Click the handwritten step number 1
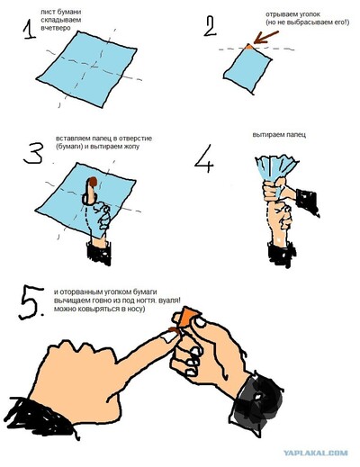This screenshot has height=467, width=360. pyautogui.click(x=29, y=30)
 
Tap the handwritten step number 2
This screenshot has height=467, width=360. pyautogui.click(x=210, y=26)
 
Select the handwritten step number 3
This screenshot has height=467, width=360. pyautogui.click(x=33, y=154)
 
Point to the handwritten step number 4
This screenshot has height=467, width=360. pyautogui.click(x=204, y=158)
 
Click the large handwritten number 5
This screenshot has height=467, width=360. pyautogui.click(x=31, y=302)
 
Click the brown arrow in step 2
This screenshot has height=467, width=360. pyautogui.click(x=266, y=37)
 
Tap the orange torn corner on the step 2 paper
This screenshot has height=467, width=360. pyautogui.click(x=248, y=47)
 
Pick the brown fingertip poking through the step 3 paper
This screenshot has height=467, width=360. pyautogui.click(x=93, y=182)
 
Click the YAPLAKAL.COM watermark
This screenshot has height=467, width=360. pyautogui.click(x=316, y=453)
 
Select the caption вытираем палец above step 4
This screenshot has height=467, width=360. pyautogui.click(x=279, y=135)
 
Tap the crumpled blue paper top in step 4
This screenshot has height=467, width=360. pyautogui.click(x=276, y=168)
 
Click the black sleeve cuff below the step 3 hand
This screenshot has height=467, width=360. pyautogui.click(x=99, y=254)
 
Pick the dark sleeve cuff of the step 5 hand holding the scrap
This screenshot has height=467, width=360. pyautogui.click(x=257, y=405)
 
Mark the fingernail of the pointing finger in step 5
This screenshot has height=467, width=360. pyautogui.click(x=169, y=337)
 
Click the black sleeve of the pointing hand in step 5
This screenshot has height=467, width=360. pyautogui.click(x=39, y=417)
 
